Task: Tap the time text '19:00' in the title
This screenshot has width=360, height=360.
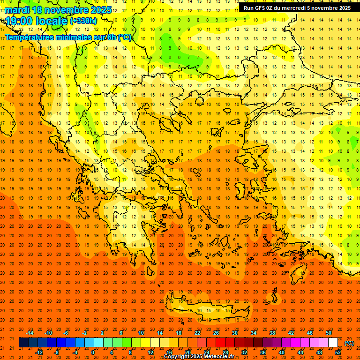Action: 20,21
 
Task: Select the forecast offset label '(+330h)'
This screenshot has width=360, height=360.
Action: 83,21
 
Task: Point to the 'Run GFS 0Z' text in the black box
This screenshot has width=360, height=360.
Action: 262,8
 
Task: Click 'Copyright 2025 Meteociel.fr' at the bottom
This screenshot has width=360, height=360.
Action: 199,357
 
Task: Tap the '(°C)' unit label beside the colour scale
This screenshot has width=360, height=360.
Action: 349,343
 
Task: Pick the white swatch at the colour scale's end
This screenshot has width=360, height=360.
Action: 333,343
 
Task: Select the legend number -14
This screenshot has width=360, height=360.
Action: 30,333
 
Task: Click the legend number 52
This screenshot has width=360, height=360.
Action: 338,352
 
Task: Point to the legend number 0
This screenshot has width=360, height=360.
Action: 93,352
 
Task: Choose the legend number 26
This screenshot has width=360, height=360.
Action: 216,333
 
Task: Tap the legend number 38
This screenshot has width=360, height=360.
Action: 272,333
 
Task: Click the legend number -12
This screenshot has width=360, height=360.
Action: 39,352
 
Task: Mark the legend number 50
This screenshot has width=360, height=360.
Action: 329,333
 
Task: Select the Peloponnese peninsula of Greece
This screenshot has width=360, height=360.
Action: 136,234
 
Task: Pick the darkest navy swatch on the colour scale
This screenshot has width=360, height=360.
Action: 23,343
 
